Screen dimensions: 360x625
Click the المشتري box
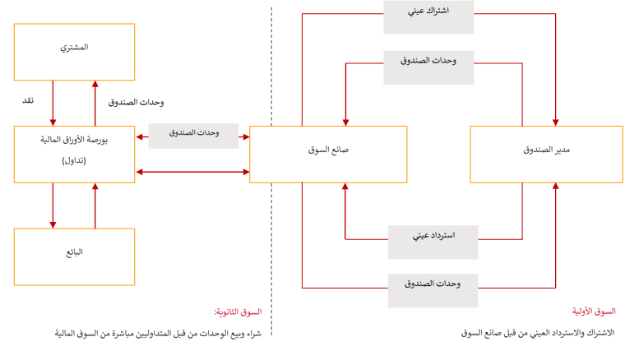74,51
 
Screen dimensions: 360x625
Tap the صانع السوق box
328,154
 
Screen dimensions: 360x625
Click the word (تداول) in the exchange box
74,161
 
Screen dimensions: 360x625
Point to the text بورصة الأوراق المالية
74,141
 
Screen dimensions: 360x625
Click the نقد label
28,100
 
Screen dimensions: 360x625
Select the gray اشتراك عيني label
428,16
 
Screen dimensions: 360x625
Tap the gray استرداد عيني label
433,235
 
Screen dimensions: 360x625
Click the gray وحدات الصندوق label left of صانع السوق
193,134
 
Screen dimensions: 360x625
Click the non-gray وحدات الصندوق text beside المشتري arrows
136,103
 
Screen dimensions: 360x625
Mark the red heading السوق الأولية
594,312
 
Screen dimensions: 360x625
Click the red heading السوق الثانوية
238,312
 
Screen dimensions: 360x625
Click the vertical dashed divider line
272,205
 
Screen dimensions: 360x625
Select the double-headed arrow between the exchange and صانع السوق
192,172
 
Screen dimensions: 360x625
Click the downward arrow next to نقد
53,102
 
